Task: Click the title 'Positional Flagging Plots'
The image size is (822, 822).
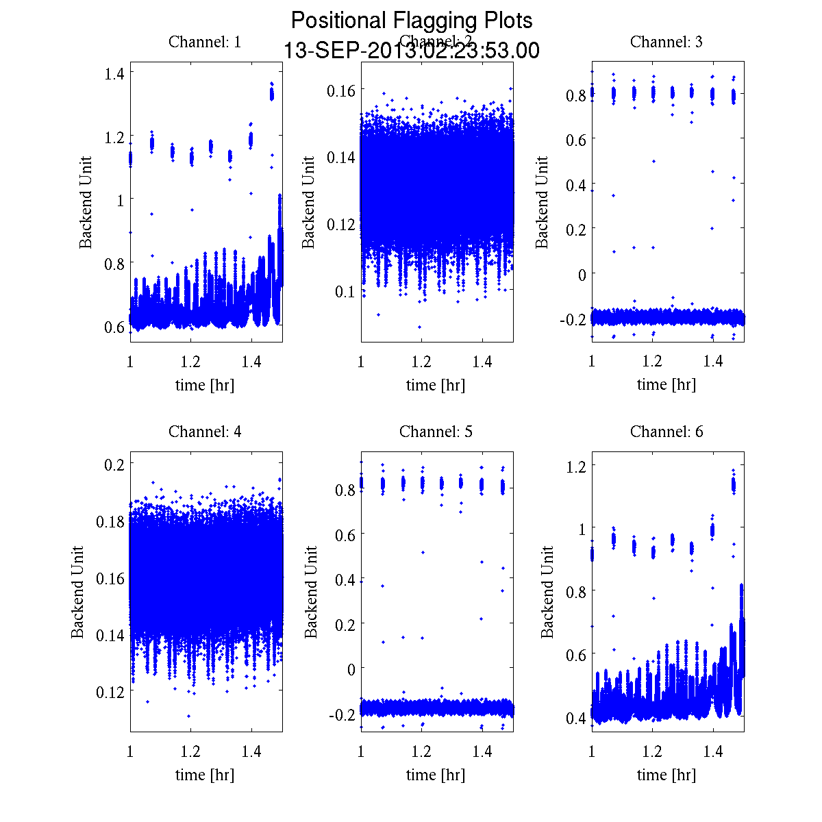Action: tap(412, 21)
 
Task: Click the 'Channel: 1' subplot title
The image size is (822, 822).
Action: tap(205, 42)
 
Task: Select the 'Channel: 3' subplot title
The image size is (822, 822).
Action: tap(666, 42)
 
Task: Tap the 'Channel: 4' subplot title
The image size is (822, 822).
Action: tap(205, 432)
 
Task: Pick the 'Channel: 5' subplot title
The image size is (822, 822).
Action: tap(436, 432)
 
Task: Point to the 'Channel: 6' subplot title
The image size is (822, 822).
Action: tap(666, 432)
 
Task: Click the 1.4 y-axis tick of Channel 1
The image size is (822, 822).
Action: tap(114, 73)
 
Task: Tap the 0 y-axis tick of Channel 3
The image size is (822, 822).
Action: tap(582, 274)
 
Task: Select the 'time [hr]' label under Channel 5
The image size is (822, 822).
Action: tap(436, 775)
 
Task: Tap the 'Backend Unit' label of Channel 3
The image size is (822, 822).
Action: tap(543, 202)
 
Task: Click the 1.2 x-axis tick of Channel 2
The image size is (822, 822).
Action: tap(421, 362)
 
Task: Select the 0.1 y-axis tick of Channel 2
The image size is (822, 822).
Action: tap(345, 292)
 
